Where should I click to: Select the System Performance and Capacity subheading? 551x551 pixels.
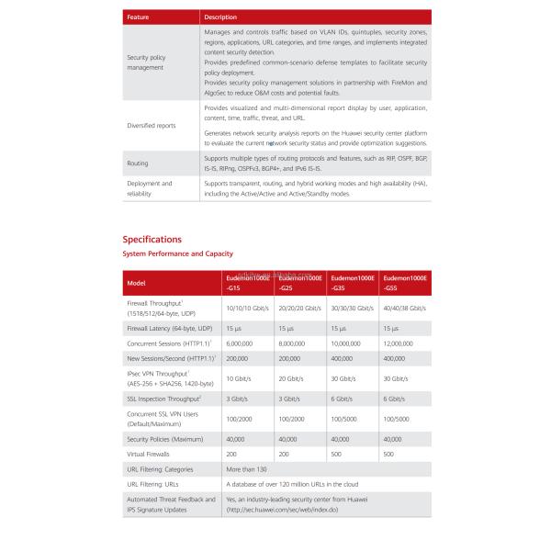click(x=178, y=253)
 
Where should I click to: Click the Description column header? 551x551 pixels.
click(x=220, y=17)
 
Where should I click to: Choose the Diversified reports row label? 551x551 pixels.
click(x=152, y=124)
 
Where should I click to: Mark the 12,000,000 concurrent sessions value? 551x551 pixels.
click(x=401, y=343)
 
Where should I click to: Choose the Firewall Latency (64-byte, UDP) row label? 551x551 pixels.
click(x=169, y=328)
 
